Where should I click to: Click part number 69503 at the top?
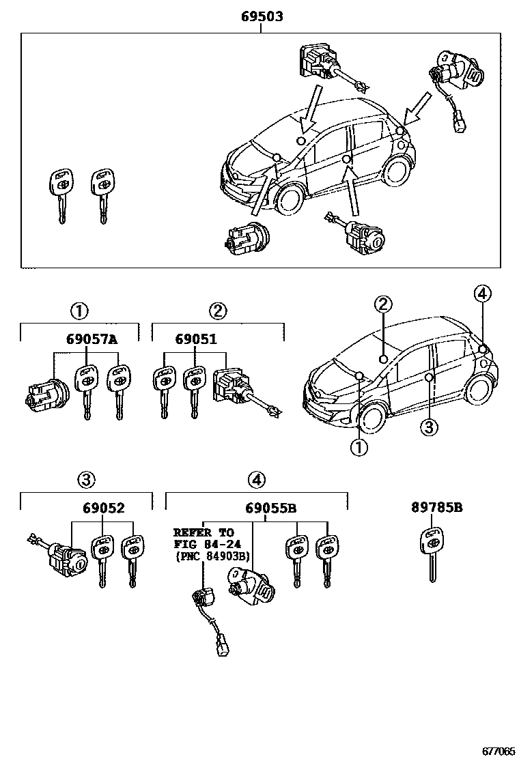coord(262,16)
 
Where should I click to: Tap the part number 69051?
coord(196,339)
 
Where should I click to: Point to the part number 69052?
coord(104,509)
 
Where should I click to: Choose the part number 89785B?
coord(437,508)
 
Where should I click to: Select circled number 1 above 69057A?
coord(79,311)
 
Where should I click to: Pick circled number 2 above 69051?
coord(218,311)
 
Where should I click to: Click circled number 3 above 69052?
coord(85,481)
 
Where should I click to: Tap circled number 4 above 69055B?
coord(256,481)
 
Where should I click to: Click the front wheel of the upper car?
coord(288,199)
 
